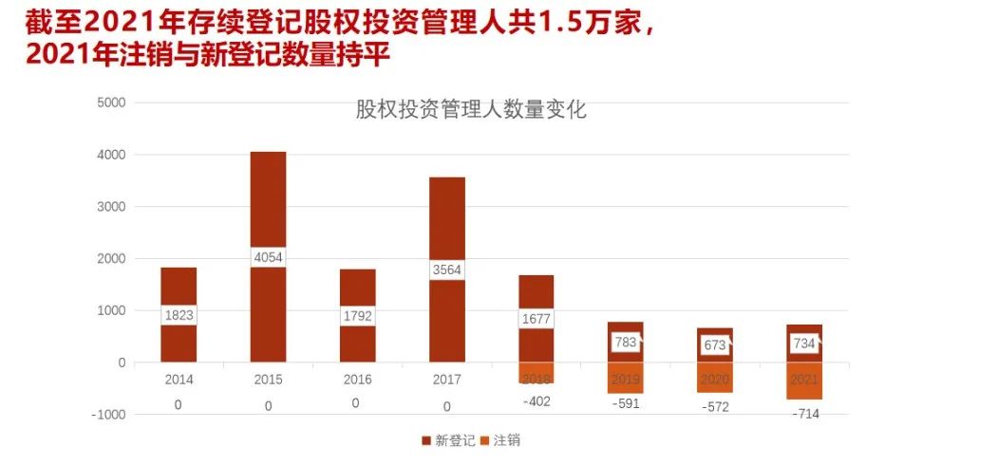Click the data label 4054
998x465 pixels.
pyautogui.click(x=268, y=256)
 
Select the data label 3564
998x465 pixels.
pyautogui.click(x=446, y=270)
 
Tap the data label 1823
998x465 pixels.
pyautogui.click(x=179, y=315)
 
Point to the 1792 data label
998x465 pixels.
pyautogui.click(x=357, y=315)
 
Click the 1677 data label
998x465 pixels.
pyautogui.click(x=537, y=319)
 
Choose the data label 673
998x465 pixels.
pyautogui.click(x=714, y=344)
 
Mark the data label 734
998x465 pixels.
pyautogui.click(x=803, y=344)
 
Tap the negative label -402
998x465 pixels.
pyautogui.click(x=536, y=400)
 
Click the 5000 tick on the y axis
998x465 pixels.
pyautogui.click(x=111, y=102)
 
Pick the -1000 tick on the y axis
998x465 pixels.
pyautogui.click(x=108, y=415)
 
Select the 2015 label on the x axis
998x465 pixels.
pyautogui.click(x=268, y=380)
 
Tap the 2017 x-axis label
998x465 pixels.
pyautogui.click(x=446, y=380)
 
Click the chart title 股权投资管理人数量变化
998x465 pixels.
pyautogui.click(x=471, y=110)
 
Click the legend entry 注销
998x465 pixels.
pyautogui.click(x=500, y=440)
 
